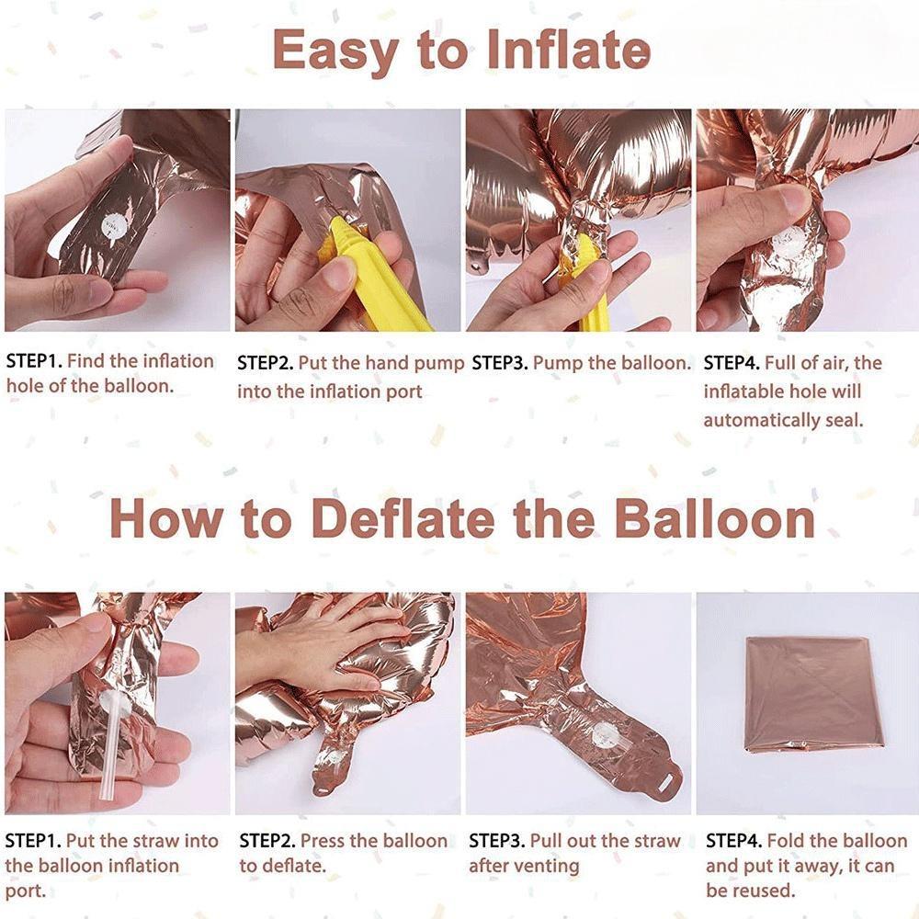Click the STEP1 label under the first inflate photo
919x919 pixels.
[x=34, y=361]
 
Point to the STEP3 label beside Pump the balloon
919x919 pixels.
[x=499, y=363]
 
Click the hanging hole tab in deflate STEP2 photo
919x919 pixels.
[x=323, y=789]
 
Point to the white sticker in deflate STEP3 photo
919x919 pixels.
[x=604, y=735]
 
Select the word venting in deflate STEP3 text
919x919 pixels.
[x=548, y=866]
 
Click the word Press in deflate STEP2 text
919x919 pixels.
[x=322, y=841]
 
